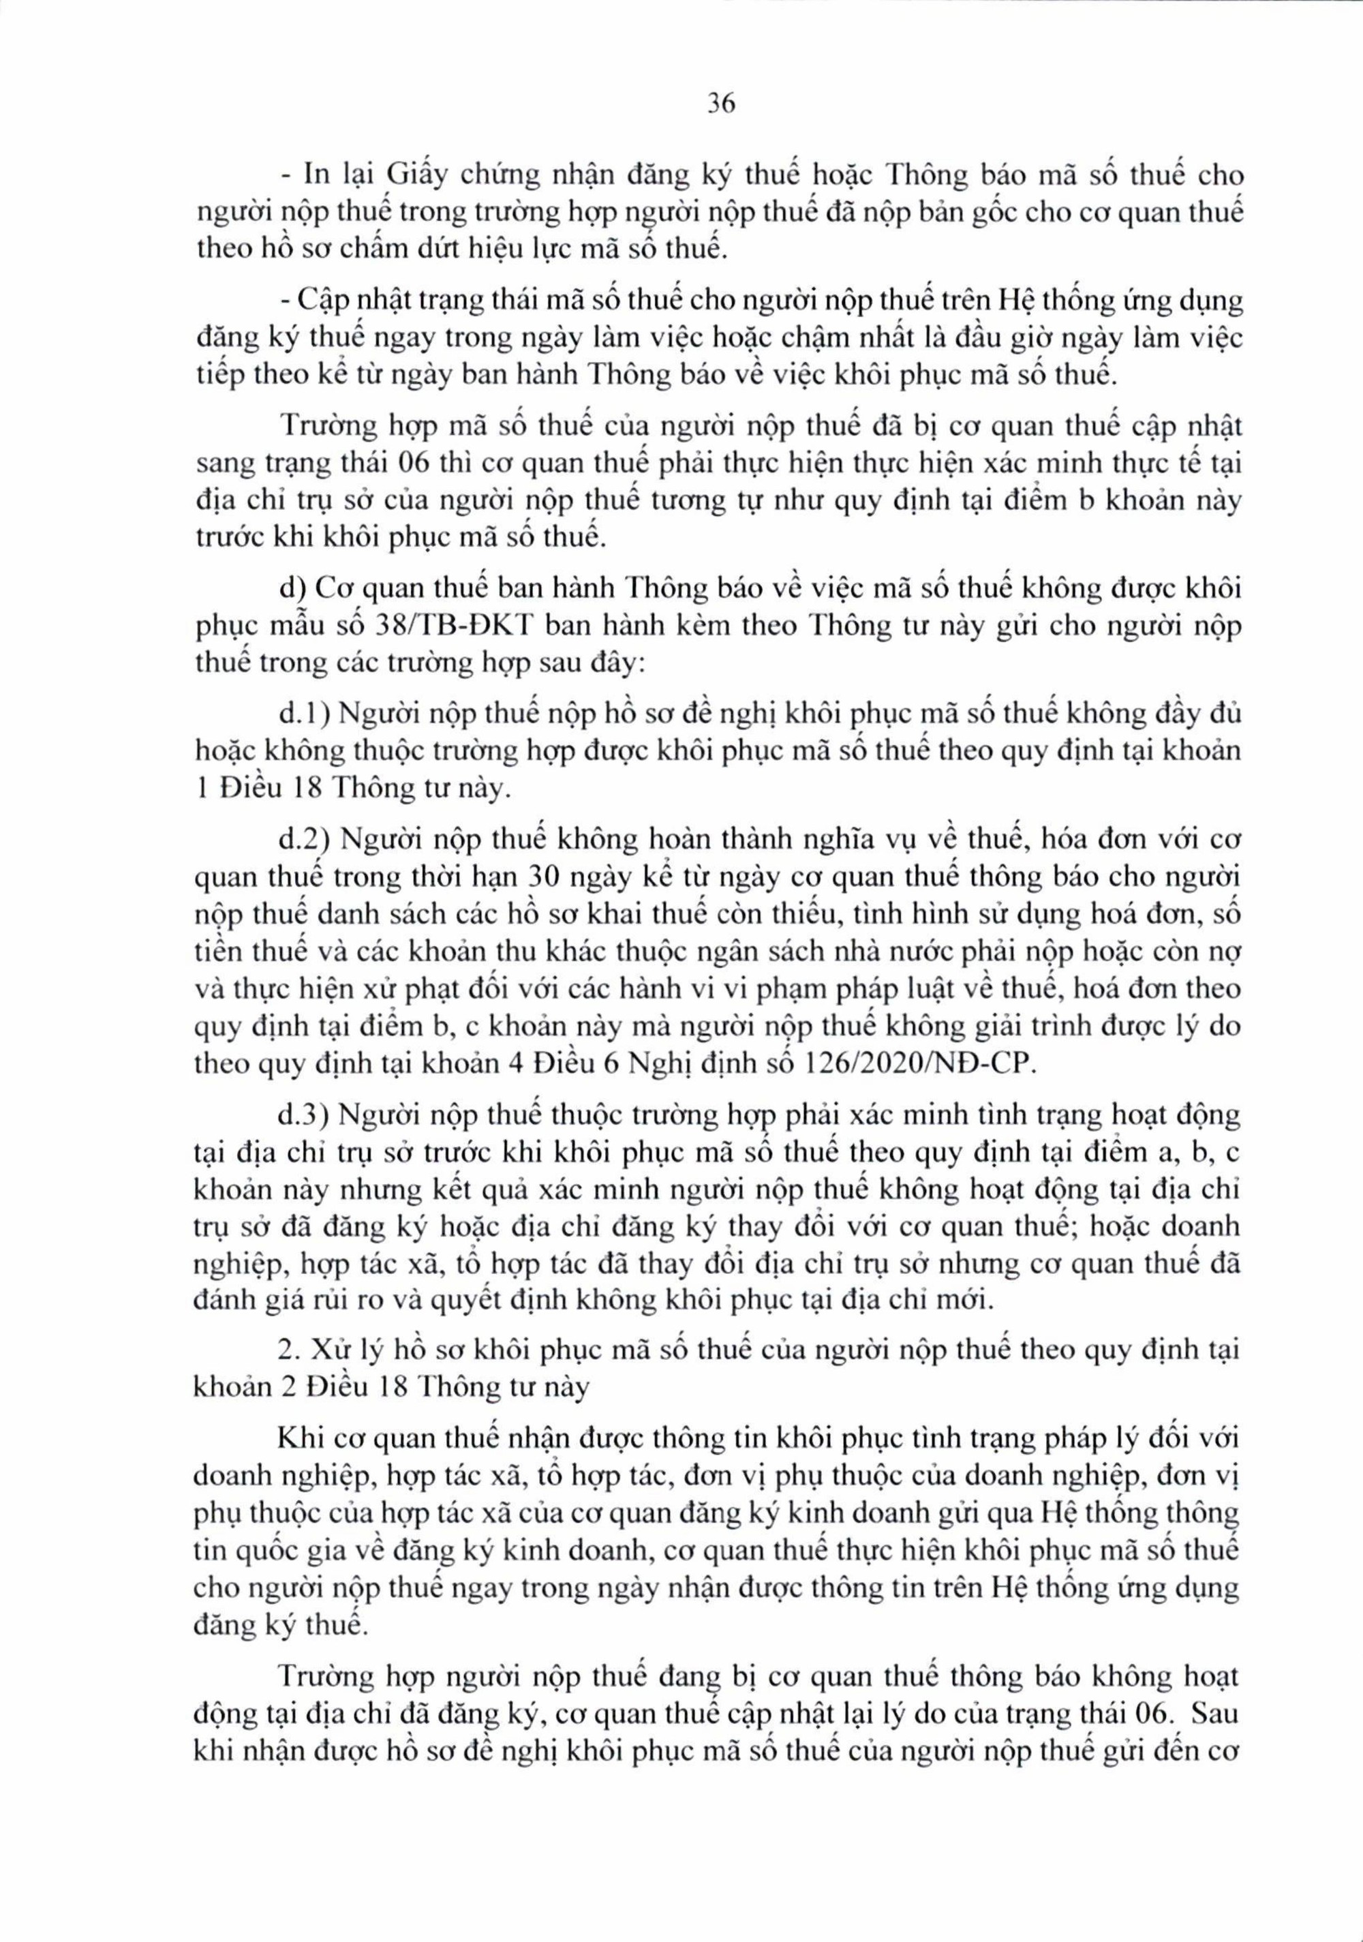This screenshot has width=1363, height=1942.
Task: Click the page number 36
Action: [720, 104]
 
